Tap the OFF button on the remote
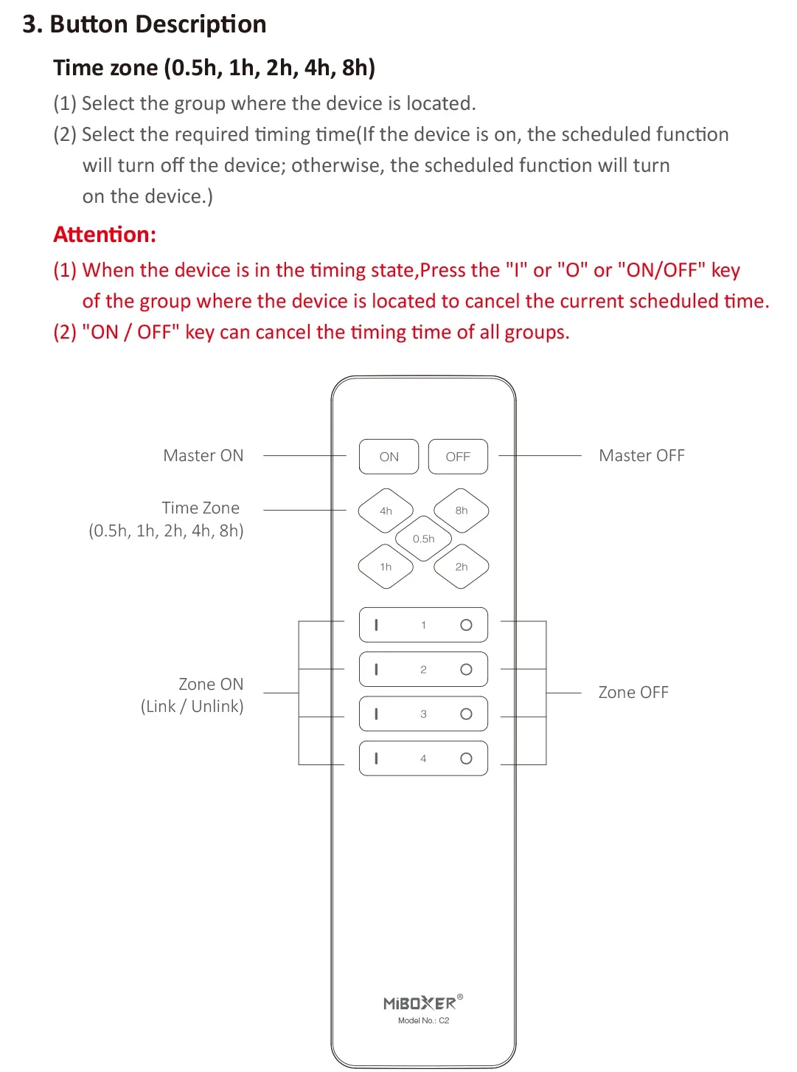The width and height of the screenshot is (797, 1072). pyautogui.click(x=458, y=457)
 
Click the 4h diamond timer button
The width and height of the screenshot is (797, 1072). pyautogui.click(x=386, y=511)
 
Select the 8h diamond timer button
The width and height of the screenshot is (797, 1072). pyautogui.click(x=462, y=511)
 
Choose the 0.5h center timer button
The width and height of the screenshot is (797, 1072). pyautogui.click(x=424, y=539)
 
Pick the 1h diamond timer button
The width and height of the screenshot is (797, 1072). pyautogui.click(x=386, y=567)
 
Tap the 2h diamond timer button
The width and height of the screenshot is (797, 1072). pyautogui.click(x=462, y=567)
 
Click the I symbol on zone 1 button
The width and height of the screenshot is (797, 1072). pyautogui.click(x=377, y=625)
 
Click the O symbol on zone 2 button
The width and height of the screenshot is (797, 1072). pyautogui.click(x=466, y=670)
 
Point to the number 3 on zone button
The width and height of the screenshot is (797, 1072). pyautogui.click(x=423, y=714)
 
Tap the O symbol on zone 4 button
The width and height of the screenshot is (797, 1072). pyautogui.click(x=466, y=758)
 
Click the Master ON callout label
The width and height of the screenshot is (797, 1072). pyautogui.click(x=203, y=456)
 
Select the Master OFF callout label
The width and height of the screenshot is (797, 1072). pyautogui.click(x=641, y=456)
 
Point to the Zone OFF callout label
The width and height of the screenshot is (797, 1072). pyautogui.click(x=633, y=693)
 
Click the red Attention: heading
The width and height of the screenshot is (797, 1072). pyautogui.click(x=105, y=235)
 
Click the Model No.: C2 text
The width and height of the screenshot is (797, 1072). pyautogui.click(x=423, y=1021)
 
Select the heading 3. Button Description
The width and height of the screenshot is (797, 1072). pyautogui.click(x=145, y=24)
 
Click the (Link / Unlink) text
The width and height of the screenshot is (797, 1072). pyautogui.click(x=192, y=707)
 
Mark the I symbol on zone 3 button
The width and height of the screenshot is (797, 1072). pyautogui.click(x=377, y=714)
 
